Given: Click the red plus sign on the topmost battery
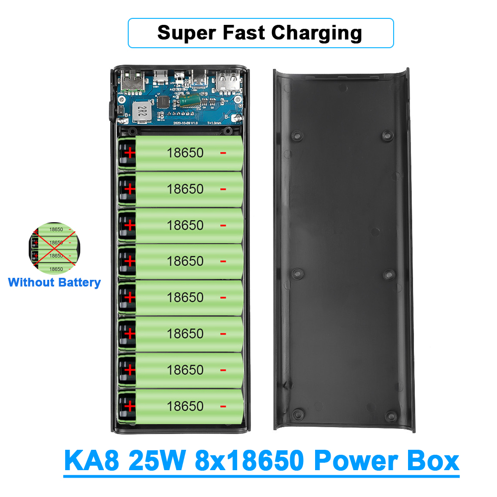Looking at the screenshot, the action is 129,153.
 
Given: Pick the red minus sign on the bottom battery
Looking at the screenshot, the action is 223,406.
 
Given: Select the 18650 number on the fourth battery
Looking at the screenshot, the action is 185,261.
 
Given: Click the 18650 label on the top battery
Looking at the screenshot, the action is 185,153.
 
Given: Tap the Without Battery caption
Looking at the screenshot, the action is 54,283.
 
